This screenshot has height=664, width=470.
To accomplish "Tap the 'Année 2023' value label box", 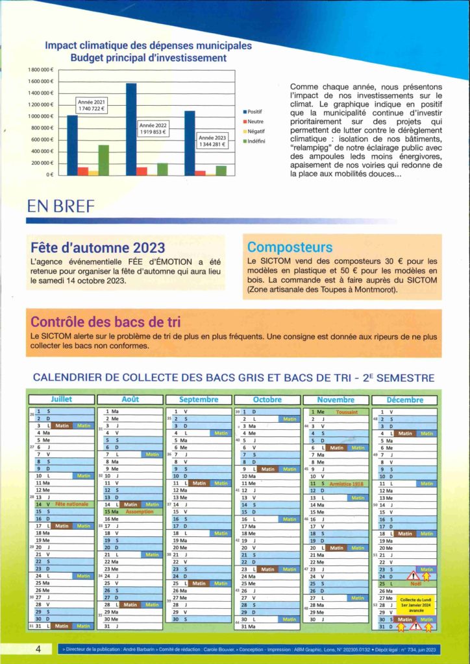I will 212,141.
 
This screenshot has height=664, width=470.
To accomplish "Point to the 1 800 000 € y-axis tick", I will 41,69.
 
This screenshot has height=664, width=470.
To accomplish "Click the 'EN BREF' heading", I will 60,206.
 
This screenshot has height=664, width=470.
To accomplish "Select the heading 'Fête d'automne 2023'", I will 97,247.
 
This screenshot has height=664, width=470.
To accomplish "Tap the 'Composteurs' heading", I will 290,247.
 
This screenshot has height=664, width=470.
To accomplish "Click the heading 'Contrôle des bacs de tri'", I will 105,322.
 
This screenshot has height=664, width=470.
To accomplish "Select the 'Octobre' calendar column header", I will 267,399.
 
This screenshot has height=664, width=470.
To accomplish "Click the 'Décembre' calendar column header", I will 404,399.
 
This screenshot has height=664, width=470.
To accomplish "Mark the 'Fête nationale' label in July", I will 71,504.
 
